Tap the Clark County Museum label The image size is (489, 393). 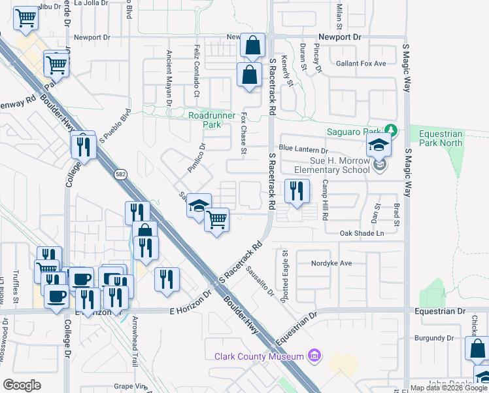pyautogui.click(x=260, y=356)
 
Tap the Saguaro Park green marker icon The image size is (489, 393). pyautogui.click(x=390, y=131)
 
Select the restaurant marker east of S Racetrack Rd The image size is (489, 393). pyautogui.click(x=297, y=191)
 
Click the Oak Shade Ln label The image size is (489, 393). pyautogui.click(x=361, y=233)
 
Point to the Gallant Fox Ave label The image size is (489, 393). pyautogui.click(x=361, y=64)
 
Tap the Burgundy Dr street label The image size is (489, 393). pyautogui.click(x=434, y=338)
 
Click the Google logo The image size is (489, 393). pyautogui.click(x=22, y=384)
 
